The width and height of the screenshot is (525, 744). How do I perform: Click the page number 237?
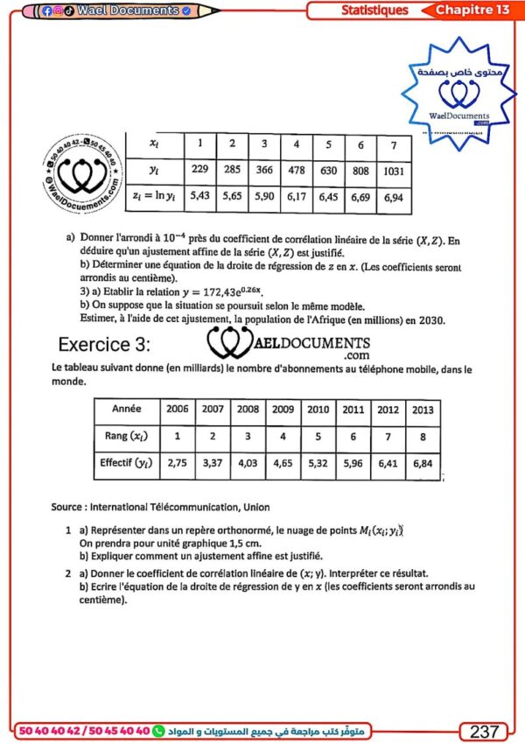484,731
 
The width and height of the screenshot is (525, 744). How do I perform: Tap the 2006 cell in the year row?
178,409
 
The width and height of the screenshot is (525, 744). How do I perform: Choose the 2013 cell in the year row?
423,409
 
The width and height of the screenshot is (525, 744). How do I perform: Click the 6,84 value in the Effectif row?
423,463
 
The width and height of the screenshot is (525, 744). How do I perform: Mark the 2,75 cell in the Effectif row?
178,463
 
